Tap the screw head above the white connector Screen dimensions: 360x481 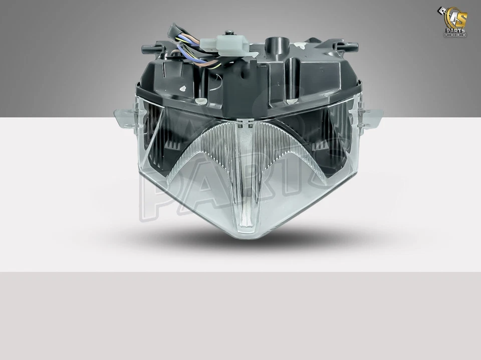pos(230,33)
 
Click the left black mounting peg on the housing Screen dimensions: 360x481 pos(148,49)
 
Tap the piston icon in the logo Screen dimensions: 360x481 pos(443,11)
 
